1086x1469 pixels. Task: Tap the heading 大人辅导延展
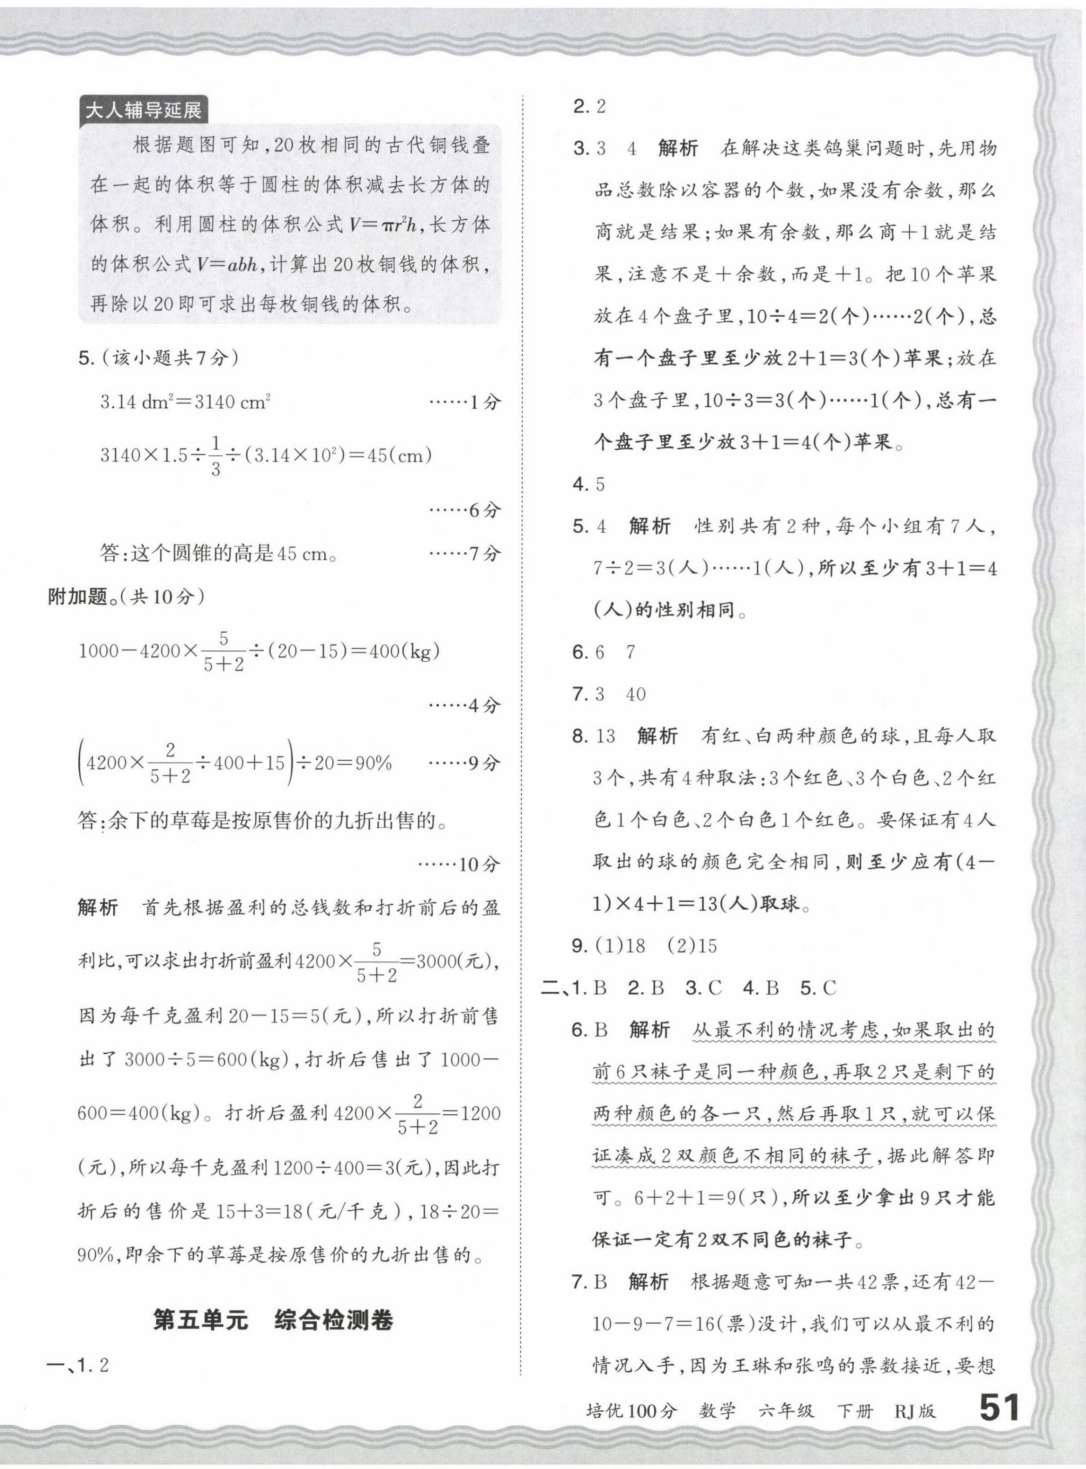(x=143, y=110)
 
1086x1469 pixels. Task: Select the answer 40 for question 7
(x=635, y=694)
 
